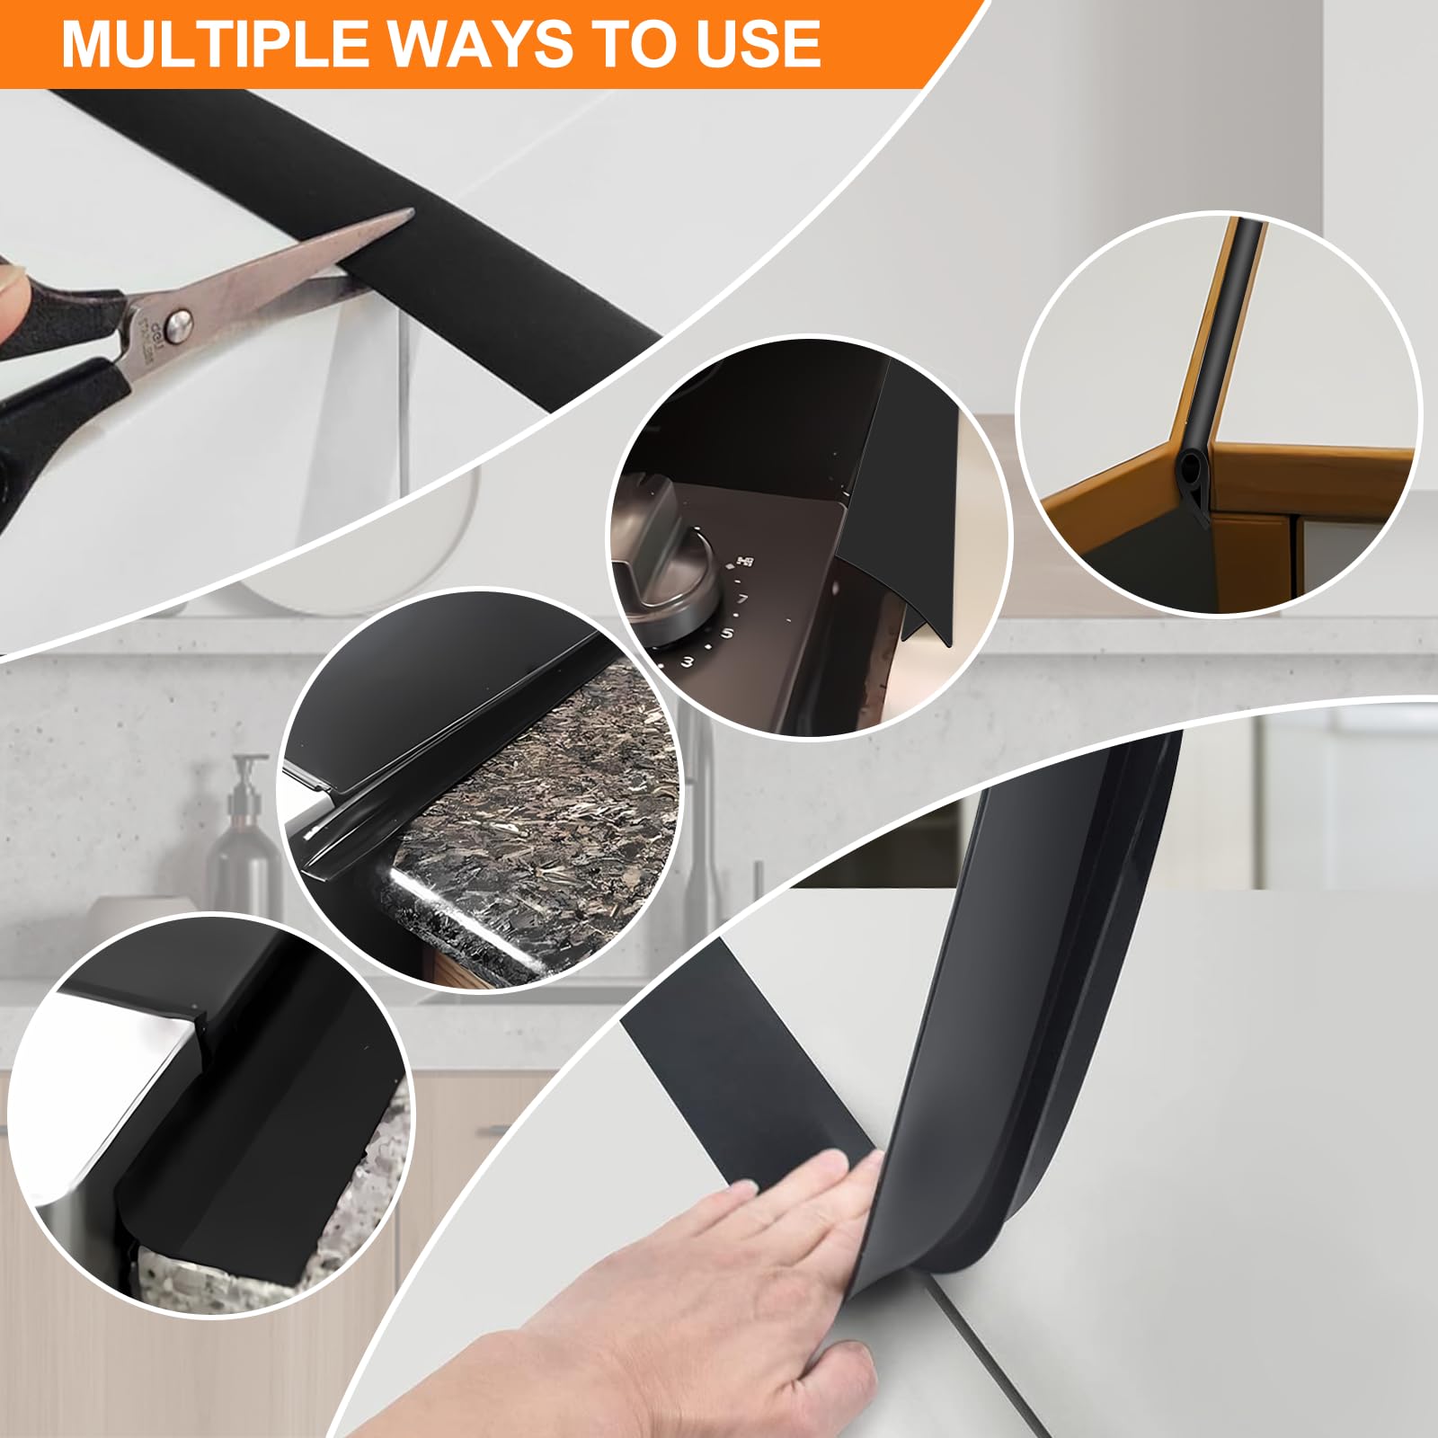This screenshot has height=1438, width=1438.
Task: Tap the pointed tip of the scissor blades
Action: click(x=409, y=213)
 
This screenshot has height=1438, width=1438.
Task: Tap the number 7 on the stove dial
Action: click(x=742, y=598)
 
